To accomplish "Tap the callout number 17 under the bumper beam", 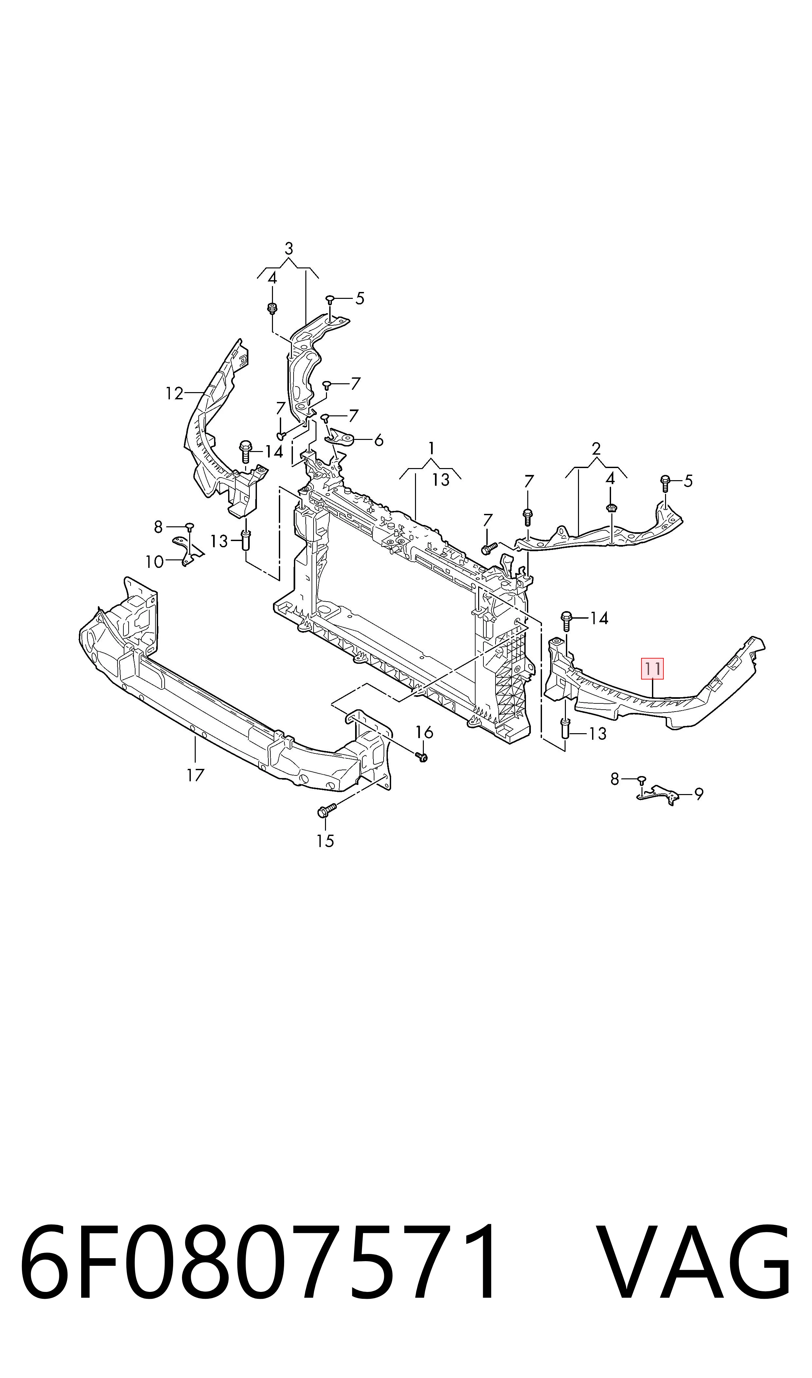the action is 195,775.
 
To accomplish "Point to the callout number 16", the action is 424,732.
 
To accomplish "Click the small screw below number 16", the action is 422,756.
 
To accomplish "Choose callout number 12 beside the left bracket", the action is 174,393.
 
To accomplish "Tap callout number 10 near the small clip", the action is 155,562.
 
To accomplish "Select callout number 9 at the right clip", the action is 699,794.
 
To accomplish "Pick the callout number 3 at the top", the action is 289,248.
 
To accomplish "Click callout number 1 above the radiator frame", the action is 432,448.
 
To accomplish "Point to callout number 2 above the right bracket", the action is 596,449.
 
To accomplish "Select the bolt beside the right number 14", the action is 566,622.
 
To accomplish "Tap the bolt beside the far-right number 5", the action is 665,483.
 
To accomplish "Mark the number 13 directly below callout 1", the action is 441,480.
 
